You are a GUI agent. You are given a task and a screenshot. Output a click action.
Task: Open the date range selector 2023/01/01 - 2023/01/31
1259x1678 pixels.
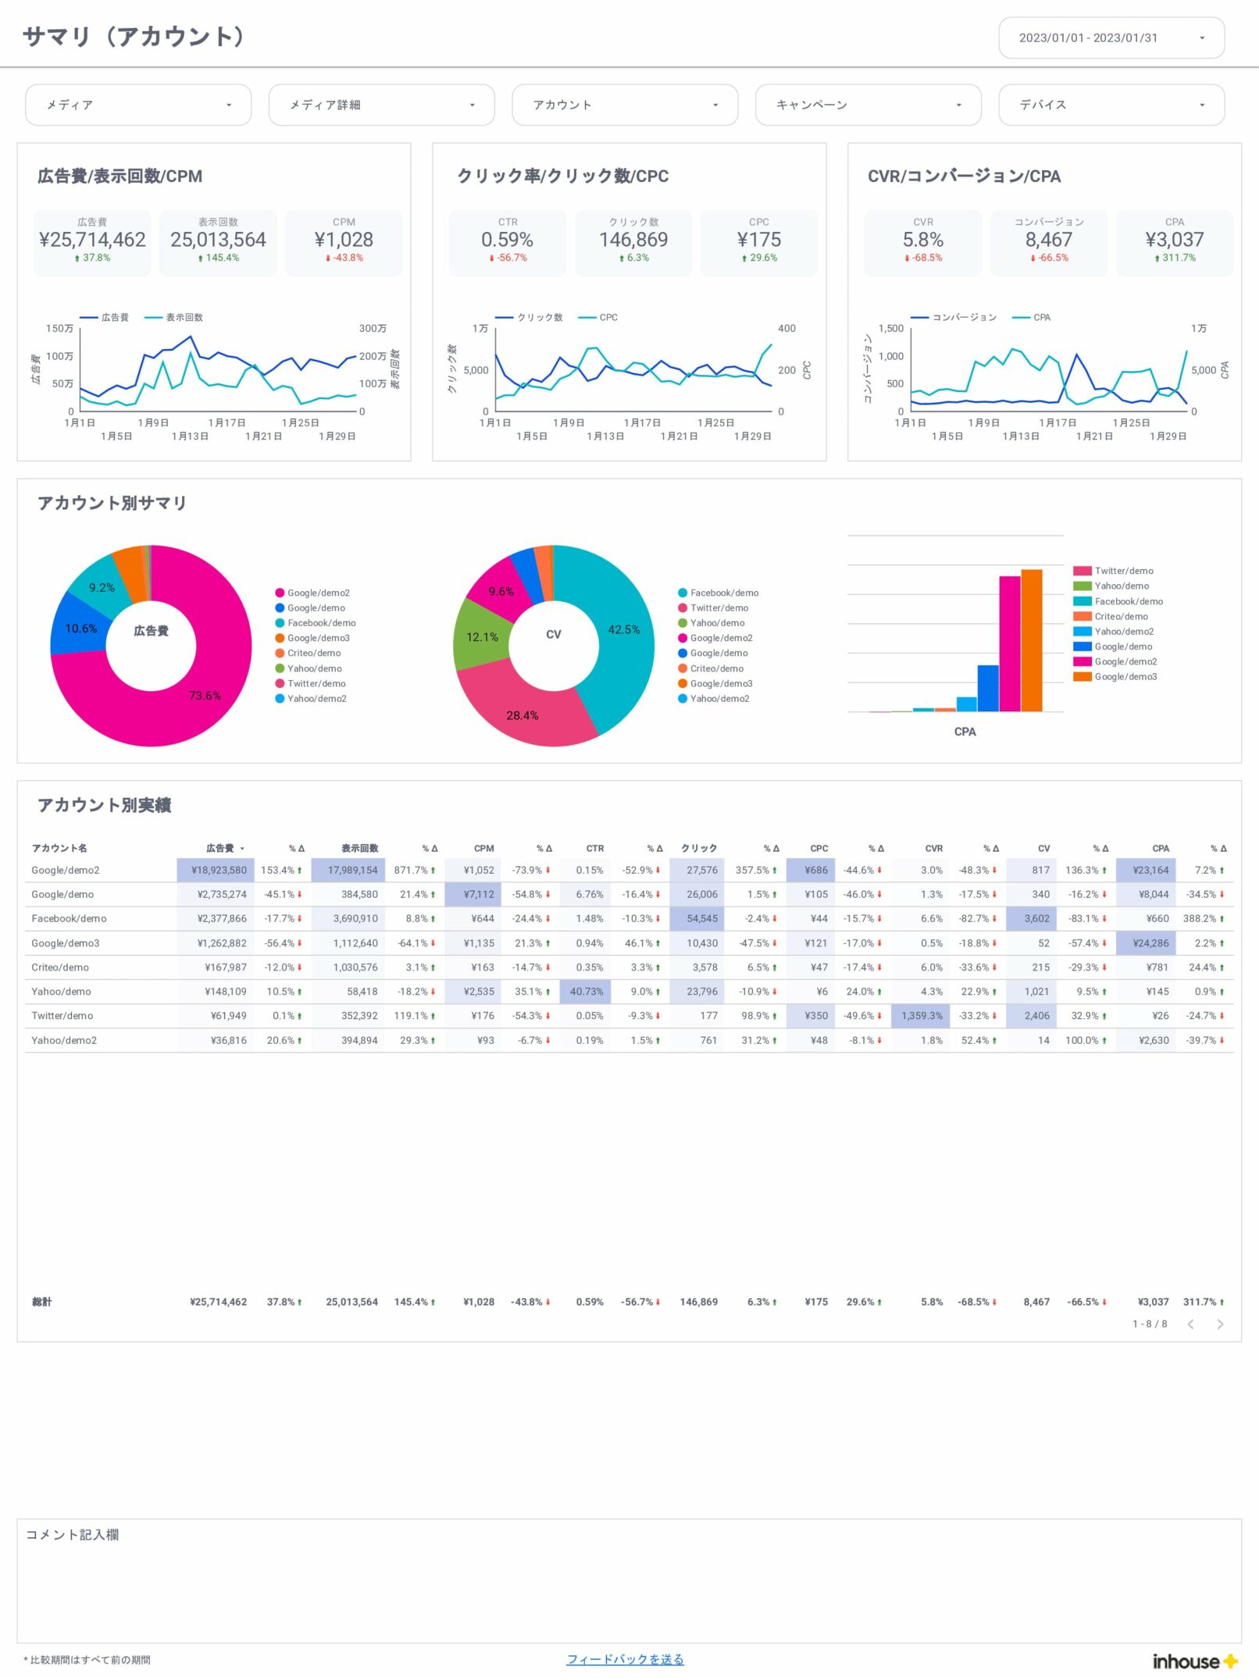(x=1111, y=37)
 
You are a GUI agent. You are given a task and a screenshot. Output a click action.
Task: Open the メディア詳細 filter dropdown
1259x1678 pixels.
(x=381, y=105)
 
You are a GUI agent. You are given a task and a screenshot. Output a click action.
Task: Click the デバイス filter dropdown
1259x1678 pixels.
(x=1111, y=105)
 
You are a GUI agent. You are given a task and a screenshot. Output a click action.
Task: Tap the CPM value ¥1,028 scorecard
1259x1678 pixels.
(x=344, y=240)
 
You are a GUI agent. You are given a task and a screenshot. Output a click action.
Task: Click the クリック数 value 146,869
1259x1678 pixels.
(x=633, y=240)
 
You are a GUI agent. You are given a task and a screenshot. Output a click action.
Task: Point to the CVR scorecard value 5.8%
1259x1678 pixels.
(x=922, y=240)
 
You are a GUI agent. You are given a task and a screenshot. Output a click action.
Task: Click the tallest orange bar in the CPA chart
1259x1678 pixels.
(x=1032, y=640)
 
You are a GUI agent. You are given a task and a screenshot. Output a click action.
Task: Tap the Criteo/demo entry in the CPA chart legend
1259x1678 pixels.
(x=1121, y=616)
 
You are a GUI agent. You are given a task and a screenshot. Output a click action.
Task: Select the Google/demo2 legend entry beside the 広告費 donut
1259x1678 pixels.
(x=318, y=593)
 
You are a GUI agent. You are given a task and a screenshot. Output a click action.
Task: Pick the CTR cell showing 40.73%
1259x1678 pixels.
(x=586, y=992)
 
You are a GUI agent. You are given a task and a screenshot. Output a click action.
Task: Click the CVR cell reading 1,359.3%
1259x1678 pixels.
(x=922, y=1016)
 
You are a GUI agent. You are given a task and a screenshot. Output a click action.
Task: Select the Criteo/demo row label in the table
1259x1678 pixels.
(x=60, y=967)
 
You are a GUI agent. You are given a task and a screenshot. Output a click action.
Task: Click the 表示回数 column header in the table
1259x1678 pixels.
(x=359, y=848)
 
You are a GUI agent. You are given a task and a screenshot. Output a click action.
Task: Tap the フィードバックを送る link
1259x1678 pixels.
(x=625, y=1659)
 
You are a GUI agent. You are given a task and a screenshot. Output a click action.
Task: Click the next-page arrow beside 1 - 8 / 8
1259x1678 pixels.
(x=1220, y=1324)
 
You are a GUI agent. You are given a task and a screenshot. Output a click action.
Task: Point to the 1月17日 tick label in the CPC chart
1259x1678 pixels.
(x=642, y=422)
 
